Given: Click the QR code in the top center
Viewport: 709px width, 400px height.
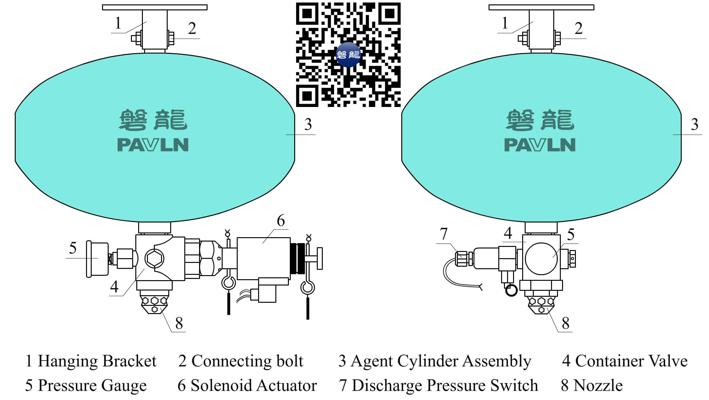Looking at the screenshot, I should pos(348,55).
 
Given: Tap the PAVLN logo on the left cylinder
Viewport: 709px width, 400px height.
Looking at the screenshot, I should pos(153,145).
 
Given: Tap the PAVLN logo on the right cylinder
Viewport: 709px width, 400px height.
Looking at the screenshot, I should pos(540,145).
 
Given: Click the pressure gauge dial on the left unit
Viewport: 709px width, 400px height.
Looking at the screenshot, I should pos(97,259).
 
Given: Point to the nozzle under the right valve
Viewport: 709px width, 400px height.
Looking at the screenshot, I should pos(541,304).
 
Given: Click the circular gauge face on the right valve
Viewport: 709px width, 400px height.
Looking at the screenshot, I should pos(541,259).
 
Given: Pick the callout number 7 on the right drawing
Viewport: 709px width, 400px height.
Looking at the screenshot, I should pos(443,234).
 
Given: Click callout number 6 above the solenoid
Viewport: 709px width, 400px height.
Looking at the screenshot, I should pos(281,221).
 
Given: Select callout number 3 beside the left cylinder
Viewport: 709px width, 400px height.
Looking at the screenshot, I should pos(308,125).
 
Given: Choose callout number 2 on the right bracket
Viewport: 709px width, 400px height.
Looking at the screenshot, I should pos(578,29).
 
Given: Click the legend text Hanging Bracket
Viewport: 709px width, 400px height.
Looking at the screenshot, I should pos(97,361).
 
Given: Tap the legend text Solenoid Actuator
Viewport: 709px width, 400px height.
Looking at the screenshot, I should pos(254,386).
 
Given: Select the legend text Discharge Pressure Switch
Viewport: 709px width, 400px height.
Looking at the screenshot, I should pos(445,386).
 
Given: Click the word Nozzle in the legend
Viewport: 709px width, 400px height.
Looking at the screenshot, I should pos(598,386).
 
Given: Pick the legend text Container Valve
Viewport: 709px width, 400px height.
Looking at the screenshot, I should pos(631,361).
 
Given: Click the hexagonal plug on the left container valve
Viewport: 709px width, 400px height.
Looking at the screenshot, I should pos(154,258).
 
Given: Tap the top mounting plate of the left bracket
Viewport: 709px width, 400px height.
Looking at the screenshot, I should pos(154,7).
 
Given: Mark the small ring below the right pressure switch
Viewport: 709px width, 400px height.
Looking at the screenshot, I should pos(511,290).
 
